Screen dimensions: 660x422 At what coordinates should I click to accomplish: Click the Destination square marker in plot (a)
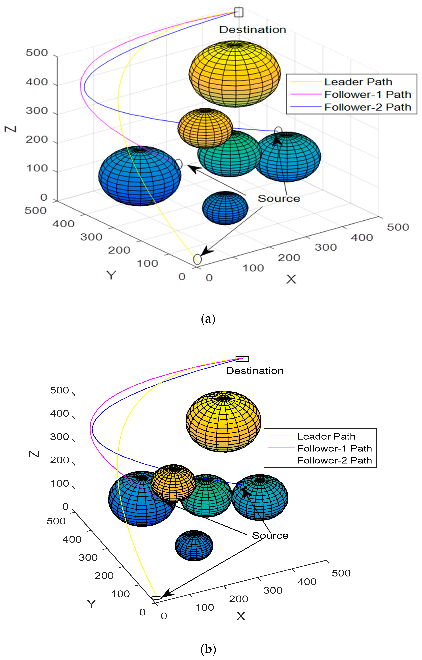click(x=239, y=12)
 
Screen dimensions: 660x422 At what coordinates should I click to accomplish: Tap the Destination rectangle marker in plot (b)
click(x=242, y=359)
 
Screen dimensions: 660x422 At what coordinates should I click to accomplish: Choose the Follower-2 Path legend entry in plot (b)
click(x=334, y=460)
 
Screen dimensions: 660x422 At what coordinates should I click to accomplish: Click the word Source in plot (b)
click(x=270, y=535)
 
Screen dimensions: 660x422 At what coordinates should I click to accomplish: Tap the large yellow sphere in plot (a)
click(x=235, y=74)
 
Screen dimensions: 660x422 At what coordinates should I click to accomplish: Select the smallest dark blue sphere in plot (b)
click(x=194, y=545)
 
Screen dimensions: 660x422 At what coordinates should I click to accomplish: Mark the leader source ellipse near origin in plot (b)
click(x=157, y=598)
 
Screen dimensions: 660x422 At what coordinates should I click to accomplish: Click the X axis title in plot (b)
click(x=241, y=616)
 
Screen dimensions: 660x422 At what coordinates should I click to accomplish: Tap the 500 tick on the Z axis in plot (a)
click(x=37, y=53)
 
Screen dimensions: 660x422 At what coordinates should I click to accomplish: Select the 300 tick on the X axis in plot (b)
click(x=273, y=590)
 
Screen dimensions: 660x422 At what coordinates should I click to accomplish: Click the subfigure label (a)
click(x=208, y=319)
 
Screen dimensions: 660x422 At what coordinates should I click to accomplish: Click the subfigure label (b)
click(x=208, y=649)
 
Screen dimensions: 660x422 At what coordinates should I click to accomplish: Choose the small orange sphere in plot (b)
click(x=173, y=482)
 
